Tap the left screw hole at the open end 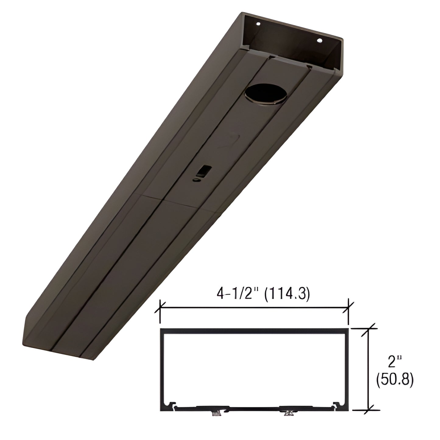[258, 23]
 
